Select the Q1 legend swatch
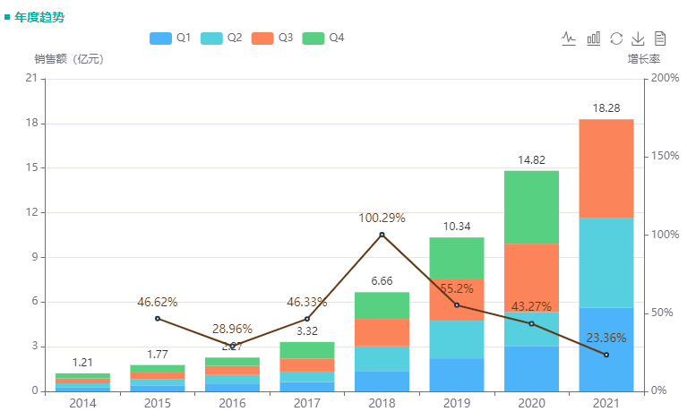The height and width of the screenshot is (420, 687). pos(161,38)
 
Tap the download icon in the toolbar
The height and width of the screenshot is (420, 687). pos(639,38)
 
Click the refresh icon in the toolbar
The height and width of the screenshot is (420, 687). pos(616,38)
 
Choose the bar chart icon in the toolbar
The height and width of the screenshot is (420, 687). pos(593,38)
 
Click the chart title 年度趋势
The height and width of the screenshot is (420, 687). pos(39,16)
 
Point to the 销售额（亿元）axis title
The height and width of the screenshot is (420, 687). pos(69,59)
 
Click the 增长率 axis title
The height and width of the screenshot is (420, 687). pos(643,59)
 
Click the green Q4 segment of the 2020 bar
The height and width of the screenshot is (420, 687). pos(531,206)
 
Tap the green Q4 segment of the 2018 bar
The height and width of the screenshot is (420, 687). pos(382,305)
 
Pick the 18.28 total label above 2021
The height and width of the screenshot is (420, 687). pos(606,107)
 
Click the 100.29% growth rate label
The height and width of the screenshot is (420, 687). pos(382,218)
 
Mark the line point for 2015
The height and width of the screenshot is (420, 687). pos(158,318)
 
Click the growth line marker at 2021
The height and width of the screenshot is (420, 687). pos(606,355)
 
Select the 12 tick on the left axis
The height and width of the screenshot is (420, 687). pos(31,212)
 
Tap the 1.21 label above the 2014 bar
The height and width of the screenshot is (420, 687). pos(82,362)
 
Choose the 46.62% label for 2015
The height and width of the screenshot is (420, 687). pos(158,302)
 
